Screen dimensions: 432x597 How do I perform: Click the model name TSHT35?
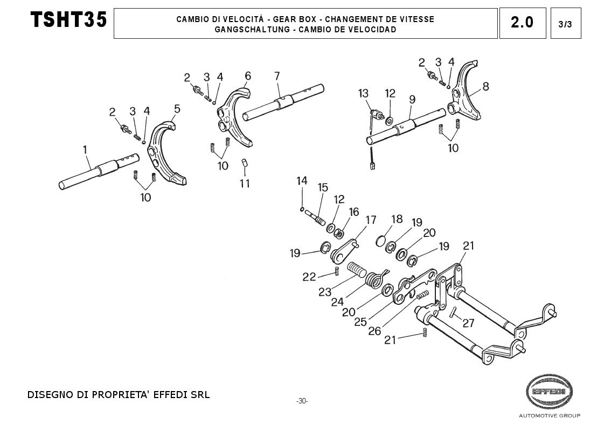[x=69, y=21]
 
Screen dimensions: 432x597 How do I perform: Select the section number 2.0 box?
[x=522, y=23]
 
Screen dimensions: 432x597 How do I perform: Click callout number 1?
[x=84, y=149]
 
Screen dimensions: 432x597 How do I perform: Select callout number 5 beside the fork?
[x=177, y=109]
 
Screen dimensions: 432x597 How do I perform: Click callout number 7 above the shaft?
[x=277, y=76]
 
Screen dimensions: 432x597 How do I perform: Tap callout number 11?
[x=245, y=183]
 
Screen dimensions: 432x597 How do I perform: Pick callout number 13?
[x=363, y=93]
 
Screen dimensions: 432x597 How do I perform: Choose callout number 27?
[x=468, y=323]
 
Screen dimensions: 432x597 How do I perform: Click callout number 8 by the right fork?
[x=485, y=86]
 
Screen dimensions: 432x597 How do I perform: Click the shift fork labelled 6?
[x=238, y=116]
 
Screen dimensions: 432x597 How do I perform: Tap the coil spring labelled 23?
[x=356, y=268]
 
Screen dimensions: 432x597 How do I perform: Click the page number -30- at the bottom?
[x=302, y=401]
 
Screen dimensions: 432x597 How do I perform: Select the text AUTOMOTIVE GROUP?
[x=549, y=416]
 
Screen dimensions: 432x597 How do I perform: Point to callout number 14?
[x=302, y=181]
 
